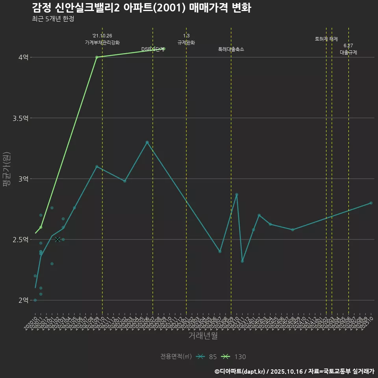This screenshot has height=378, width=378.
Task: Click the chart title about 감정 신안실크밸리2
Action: click(x=141, y=8)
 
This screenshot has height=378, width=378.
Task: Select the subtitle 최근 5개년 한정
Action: click(x=53, y=19)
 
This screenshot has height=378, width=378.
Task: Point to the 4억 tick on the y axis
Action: click(x=23, y=57)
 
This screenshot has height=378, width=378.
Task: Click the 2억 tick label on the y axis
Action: click(x=23, y=300)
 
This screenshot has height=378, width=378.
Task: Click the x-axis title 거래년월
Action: click(x=203, y=336)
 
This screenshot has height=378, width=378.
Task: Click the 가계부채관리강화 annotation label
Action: click(x=102, y=43)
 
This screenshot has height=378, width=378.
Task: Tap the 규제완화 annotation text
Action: click(x=186, y=43)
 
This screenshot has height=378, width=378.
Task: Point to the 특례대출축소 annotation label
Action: click(x=231, y=49)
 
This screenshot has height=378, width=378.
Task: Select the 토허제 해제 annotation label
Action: click(x=326, y=39)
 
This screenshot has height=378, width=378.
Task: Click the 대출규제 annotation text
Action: click(x=348, y=52)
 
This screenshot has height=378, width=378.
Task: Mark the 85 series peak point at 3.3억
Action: click(x=147, y=142)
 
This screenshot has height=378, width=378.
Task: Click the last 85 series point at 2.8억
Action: click(x=371, y=203)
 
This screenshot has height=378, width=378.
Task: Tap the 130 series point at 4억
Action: click(x=97, y=57)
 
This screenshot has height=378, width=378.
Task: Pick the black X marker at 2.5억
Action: click(x=57, y=239)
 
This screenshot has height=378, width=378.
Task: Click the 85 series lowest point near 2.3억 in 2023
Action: click(x=242, y=261)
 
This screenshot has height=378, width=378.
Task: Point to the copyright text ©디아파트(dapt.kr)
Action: click(x=241, y=371)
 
